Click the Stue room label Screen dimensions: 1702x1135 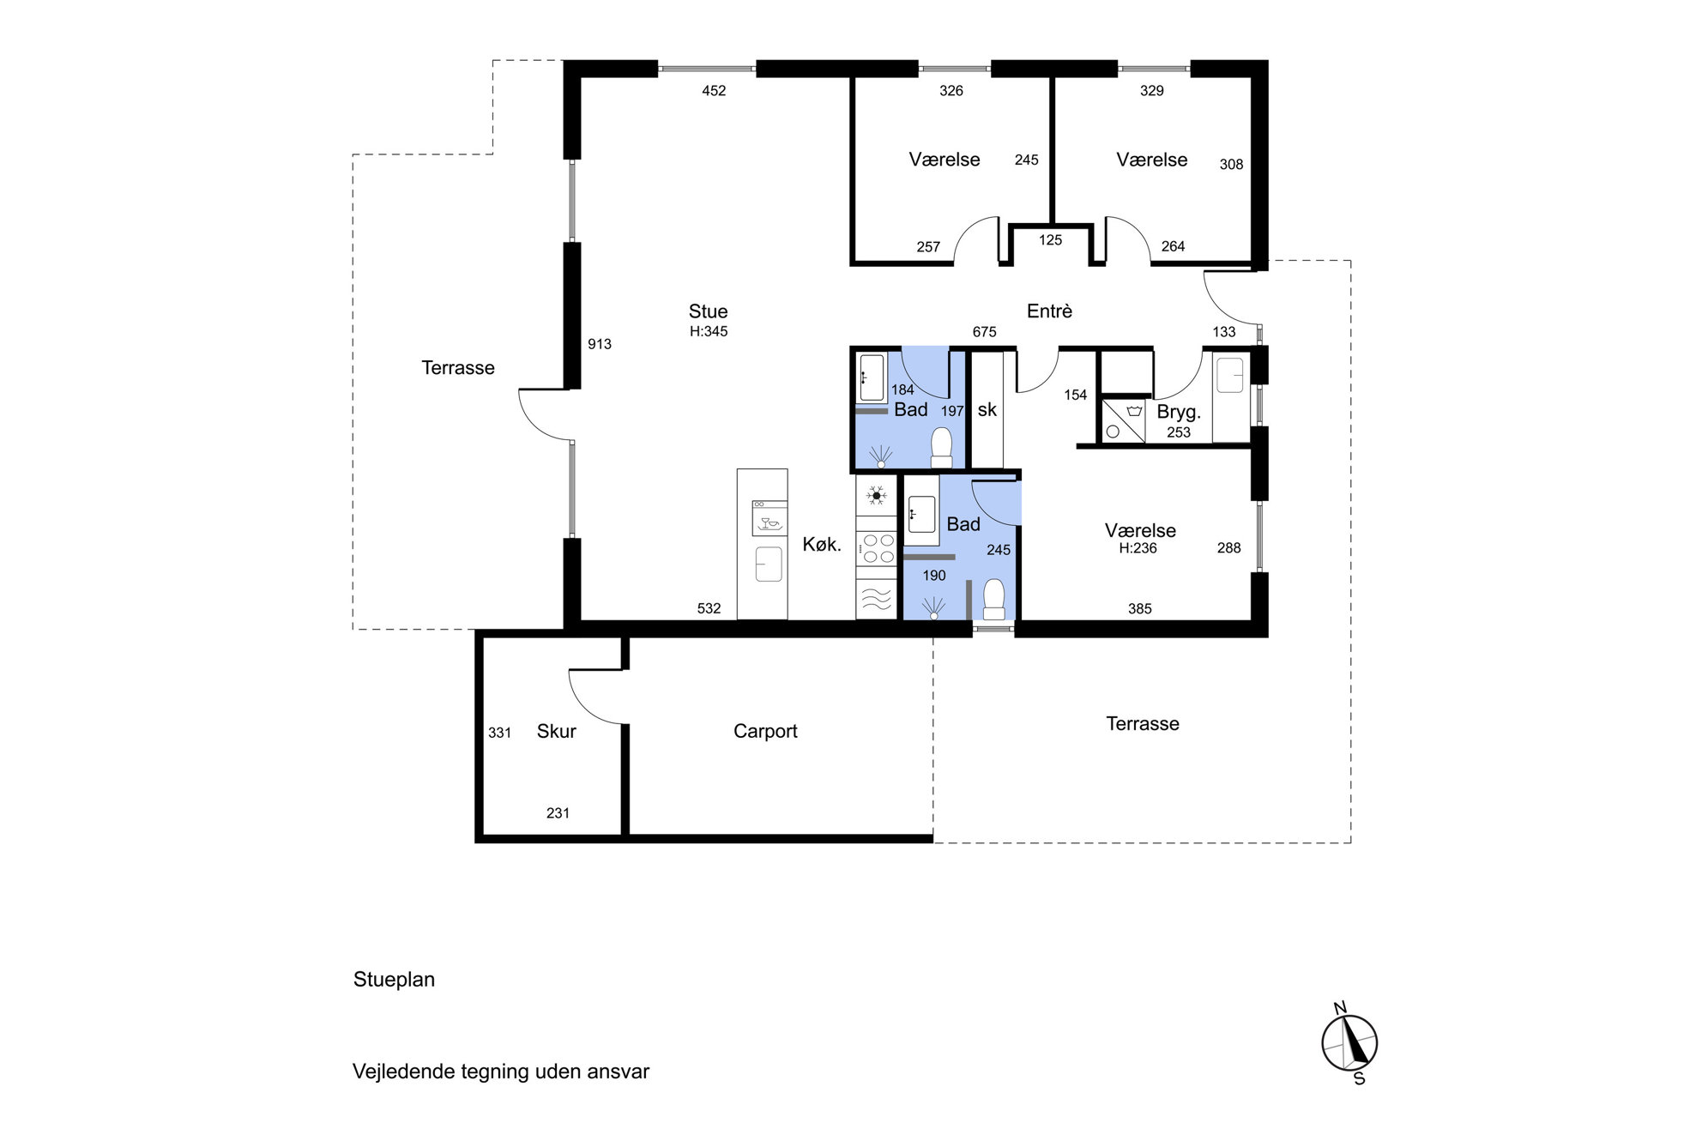[708, 311]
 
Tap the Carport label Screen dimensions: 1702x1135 [765, 732]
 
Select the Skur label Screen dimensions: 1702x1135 [556, 731]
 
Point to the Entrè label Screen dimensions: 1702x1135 [1049, 311]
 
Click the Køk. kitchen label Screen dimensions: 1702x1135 [822, 544]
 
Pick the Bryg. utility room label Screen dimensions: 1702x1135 [1179, 412]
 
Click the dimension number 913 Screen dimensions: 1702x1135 [600, 344]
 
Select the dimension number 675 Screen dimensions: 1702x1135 [984, 332]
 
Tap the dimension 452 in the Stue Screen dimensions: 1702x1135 [714, 91]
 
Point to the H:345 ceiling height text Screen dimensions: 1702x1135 [709, 332]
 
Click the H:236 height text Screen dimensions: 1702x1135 [1138, 548]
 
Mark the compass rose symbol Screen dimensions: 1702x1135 [1349, 1043]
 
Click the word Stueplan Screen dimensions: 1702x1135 [394, 980]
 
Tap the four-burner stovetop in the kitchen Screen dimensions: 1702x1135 [877, 548]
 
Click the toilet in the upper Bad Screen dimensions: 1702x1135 [942, 448]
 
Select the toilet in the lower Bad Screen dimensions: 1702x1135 [993, 599]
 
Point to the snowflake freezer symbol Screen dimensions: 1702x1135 [876, 495]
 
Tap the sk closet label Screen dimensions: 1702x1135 [987, 410]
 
